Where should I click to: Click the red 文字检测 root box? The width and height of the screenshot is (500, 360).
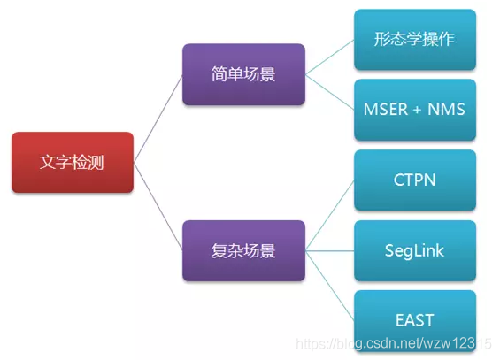(x=73, y=162)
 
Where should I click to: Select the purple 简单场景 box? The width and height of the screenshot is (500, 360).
(x=243, y=74)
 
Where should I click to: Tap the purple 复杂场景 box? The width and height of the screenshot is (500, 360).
(x=243, y=250)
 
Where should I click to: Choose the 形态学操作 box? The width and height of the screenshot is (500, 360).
(x=415, y=40)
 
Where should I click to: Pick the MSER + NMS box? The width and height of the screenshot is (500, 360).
(x=415, y=110)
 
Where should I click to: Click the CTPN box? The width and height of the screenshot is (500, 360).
(x=415, y=180)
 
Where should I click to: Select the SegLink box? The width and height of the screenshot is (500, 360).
(x=415, y=250)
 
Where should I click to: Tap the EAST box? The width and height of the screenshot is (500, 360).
(x=415, y=320)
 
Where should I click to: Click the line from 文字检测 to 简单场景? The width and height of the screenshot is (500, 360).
(x=158, y=119)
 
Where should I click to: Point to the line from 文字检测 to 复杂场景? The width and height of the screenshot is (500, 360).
(x=158, y=206)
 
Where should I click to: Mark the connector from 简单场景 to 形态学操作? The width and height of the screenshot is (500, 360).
(x=330, y=57)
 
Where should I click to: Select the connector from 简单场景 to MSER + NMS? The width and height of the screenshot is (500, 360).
(x=330, y=92)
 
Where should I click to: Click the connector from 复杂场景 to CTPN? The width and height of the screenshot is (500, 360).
(x=330, y=215)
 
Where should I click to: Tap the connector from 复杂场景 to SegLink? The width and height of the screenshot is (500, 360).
(x=330, y=250)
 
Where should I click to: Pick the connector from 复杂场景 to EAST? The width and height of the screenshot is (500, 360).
(x=330, y=286)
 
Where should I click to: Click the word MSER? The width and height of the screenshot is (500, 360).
(x=386, y=110)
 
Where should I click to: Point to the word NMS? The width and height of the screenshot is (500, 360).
(x=446, y=110)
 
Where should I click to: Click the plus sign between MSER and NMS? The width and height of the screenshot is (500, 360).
(x=417, y=110)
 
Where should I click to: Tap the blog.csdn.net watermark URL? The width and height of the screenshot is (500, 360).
(x=394, y=343)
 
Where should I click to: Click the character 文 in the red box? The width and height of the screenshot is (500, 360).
(x=48, y=162)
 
